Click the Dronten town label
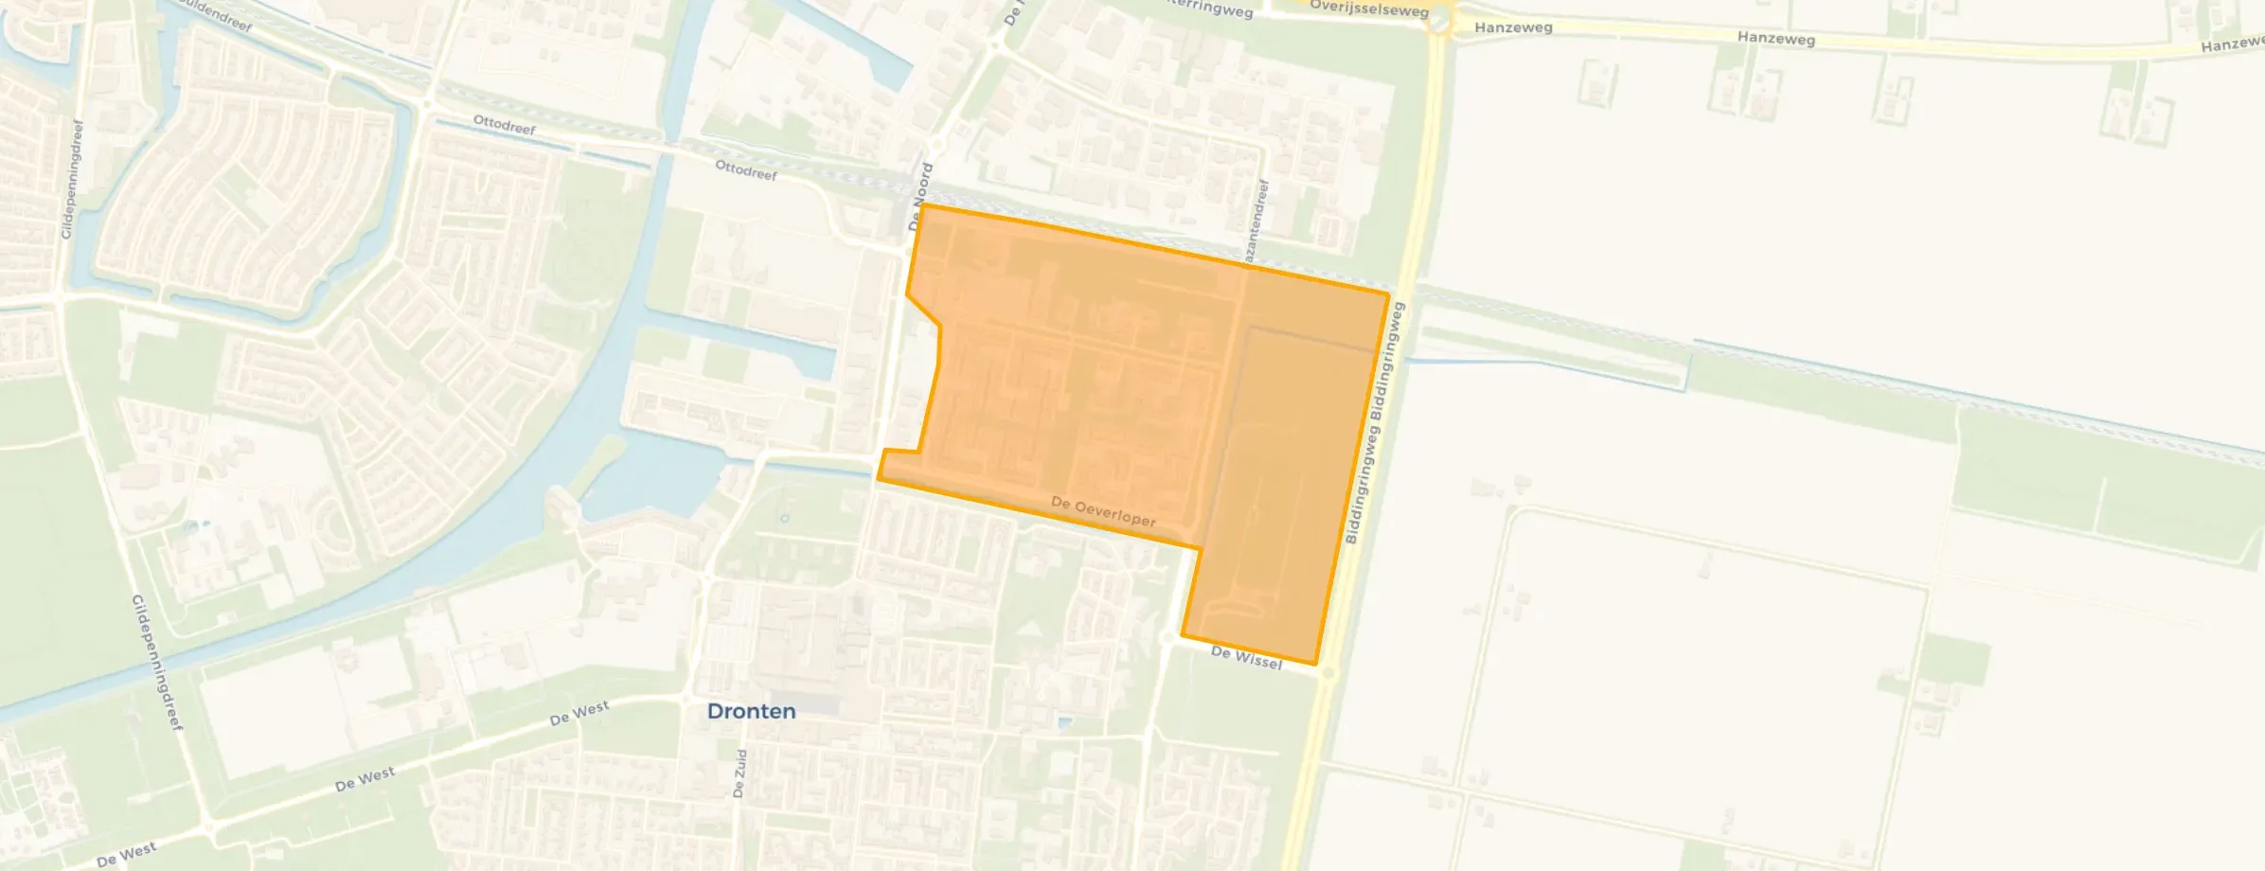[x=751, y=711]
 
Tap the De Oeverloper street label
[x=1103, y=512]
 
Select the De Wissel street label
[x=1246, y=658]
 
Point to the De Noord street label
[x=920, y=197]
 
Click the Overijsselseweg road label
[x=1368, y=9]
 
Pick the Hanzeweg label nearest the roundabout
[x=1513, y=27]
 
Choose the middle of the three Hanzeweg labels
[x=1775, y=39]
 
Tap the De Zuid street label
[x=740, y=773]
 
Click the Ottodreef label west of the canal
[x=504, y=124]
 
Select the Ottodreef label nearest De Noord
[x=746, y=170]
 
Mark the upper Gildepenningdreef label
[x=72, y=179]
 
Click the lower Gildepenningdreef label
[x=156, y=663]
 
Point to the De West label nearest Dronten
[x=580, y=713]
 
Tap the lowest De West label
[x=126, y=855]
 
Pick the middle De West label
[x=365, y=779]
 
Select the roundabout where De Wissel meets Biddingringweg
[x=1328, y=673]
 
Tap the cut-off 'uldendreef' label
[x=217, y=14]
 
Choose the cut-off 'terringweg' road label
[x=1211, y=9]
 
